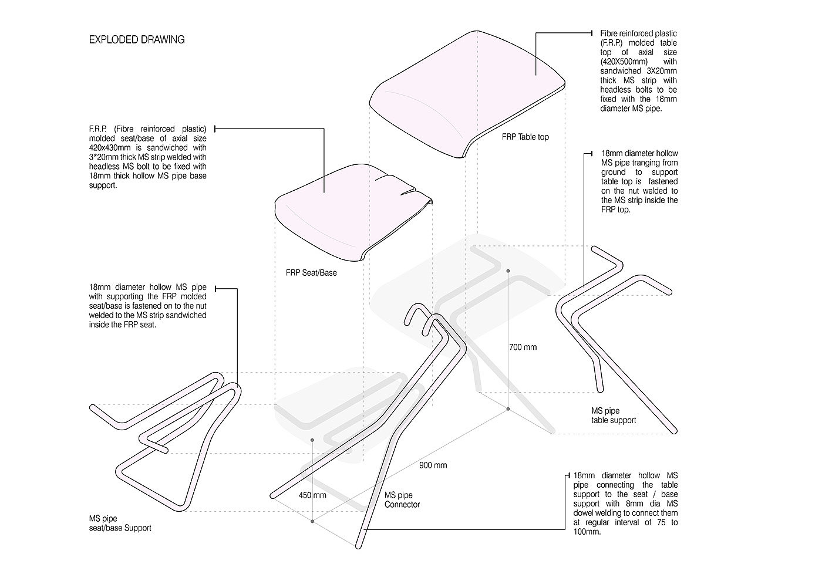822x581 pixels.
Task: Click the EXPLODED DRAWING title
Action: (136, 40)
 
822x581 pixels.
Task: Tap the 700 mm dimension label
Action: (523, 347)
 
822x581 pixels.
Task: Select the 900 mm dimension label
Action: (433, 465)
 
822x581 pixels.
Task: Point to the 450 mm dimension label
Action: (312, 495)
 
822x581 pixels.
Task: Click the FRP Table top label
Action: (525, 137)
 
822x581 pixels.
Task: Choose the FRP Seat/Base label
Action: (311, 273)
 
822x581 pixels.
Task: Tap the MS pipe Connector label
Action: (402, 499)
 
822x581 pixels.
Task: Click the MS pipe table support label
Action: (614, 416)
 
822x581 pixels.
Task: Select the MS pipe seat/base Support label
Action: (120, 523)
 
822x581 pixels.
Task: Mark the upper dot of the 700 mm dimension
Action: (508, 271)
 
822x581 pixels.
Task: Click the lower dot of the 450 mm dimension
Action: (312, 521)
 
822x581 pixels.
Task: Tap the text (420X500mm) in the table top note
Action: (624, 62)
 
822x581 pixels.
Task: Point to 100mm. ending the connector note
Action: (587, 532)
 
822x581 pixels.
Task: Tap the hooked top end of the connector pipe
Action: (415, 310)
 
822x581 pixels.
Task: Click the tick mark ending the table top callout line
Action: (592, 33)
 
